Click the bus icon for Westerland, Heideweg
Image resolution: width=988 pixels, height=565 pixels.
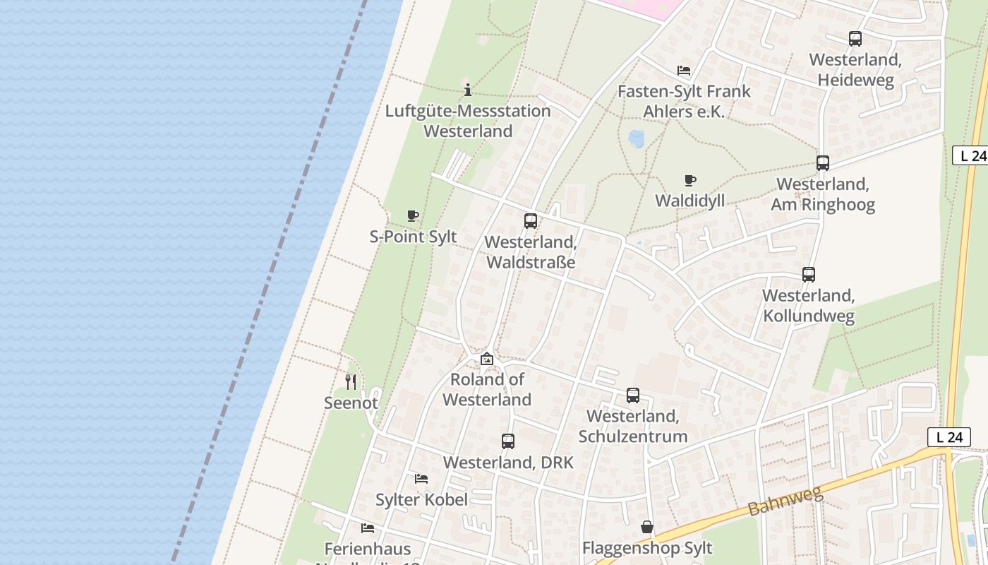[x=855, y=39]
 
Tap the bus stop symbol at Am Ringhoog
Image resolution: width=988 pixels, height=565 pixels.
[x=822, y=163]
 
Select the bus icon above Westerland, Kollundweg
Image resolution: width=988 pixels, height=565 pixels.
[x=809, y=275]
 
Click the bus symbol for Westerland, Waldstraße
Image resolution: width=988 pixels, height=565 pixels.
[x=531, y=221]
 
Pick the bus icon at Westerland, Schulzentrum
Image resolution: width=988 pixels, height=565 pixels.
[x=633, y=395]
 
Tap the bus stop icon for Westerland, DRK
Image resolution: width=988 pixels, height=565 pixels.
[x=508, y=442]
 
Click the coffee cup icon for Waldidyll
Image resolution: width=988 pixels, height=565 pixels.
[x=690, y=181]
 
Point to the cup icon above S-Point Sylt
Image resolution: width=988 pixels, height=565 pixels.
[x=413, y=216]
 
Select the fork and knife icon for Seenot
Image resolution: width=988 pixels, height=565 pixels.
[x=351, y=382]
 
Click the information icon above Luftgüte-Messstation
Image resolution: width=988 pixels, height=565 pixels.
[x=467, y=90]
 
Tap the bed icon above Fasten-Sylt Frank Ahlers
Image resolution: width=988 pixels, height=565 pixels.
[x=683, y=71]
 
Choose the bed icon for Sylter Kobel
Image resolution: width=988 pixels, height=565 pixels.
[x=421, y=479]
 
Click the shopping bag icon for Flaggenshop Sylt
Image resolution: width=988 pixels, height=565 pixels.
[x=647, y=528]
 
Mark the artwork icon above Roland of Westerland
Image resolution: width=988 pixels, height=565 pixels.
[x=486, y=359]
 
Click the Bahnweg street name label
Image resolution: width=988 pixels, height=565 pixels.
[x=785, y=500]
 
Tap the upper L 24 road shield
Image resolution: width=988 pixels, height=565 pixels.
[x=971, y=155]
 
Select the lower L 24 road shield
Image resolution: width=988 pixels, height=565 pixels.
[x=949, y=437]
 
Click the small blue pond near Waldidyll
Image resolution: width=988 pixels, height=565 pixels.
[x=637, y=138]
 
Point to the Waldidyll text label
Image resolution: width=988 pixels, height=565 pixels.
[x=689, y=201]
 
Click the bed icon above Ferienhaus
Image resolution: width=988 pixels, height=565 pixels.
[x=368, y=528]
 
